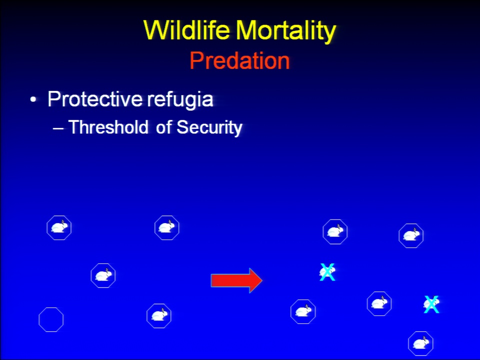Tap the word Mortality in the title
pyautogui.click(x=285, y=31)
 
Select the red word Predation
pyautogui.click(x=239, y=60)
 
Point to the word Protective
pyautogui.click(x=95, y=99)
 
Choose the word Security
pyautogui.click(x=209, y=127)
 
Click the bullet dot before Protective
pyautogui.click(x=33, y=100)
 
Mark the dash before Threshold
pyautogui.click(x=58, y=129)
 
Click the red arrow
pyautogui.click(x=236, y=280)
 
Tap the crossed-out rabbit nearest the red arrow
pyautogui.click(x=327, y=272)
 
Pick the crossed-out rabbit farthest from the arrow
pyautogui.click(x=431, y=304)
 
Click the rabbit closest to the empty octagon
pyautogui.click(x=103, y=275)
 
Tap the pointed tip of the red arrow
pyautogui.click(x=262, y=280)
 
